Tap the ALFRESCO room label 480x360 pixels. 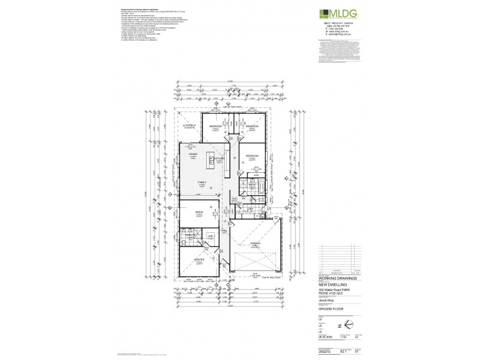[x=191, y=125]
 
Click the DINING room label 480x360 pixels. [x=193, y=154]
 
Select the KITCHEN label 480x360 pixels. [x=219, y=158]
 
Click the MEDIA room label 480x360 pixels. [x=199, y=212]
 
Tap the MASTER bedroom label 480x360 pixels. [x=199, y=260]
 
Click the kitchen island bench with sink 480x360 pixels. [x=211, y=160]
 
